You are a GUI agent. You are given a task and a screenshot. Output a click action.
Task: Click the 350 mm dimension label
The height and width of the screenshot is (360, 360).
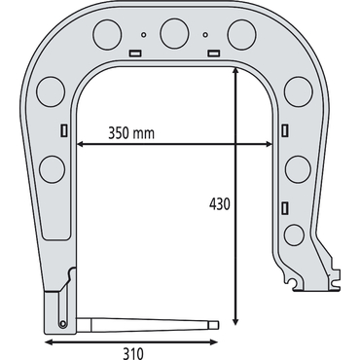point(131,133)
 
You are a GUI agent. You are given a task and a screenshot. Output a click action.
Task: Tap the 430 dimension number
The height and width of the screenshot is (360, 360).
point(220,204)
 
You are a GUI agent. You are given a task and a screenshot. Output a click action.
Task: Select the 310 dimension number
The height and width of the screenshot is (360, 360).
point(133,353)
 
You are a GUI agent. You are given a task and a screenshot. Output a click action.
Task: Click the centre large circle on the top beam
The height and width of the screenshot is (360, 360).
point(174,34)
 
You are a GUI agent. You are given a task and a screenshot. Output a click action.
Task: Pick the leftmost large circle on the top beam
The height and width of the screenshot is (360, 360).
point(107,34)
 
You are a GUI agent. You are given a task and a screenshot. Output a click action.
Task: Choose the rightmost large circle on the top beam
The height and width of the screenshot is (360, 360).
point(242,34)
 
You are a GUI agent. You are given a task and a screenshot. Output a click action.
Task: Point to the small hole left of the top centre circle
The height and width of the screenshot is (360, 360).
point(144,34)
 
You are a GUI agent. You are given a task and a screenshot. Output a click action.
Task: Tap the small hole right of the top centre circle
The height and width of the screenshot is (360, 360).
point(205,34)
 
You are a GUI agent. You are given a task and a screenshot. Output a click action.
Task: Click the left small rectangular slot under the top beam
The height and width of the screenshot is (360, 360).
point(134,53)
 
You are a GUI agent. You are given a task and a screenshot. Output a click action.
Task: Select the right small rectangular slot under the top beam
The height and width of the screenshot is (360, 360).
point(214,53)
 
